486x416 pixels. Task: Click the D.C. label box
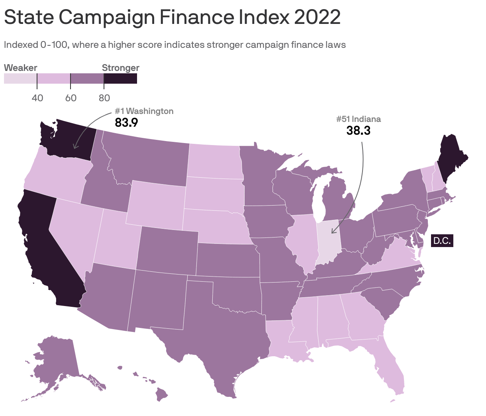pos(442,241)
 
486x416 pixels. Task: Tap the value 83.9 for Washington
pos(126,122)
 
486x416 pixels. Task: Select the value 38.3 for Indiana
pos(359,130)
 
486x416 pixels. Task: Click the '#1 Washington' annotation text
pos(144,111)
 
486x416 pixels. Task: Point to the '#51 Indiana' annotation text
pos(359,119)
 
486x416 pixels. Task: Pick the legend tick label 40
pos(37,98)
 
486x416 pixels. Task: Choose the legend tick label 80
pos(104,98)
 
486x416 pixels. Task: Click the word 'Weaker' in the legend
pos(21,68)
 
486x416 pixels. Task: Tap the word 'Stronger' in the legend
pos(121,68)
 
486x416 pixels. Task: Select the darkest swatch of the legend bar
pos(120,78)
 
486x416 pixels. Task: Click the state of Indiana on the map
pos(328,241)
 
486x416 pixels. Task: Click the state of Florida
pos(390,367)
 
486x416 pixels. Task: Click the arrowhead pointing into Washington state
pos(74,147)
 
